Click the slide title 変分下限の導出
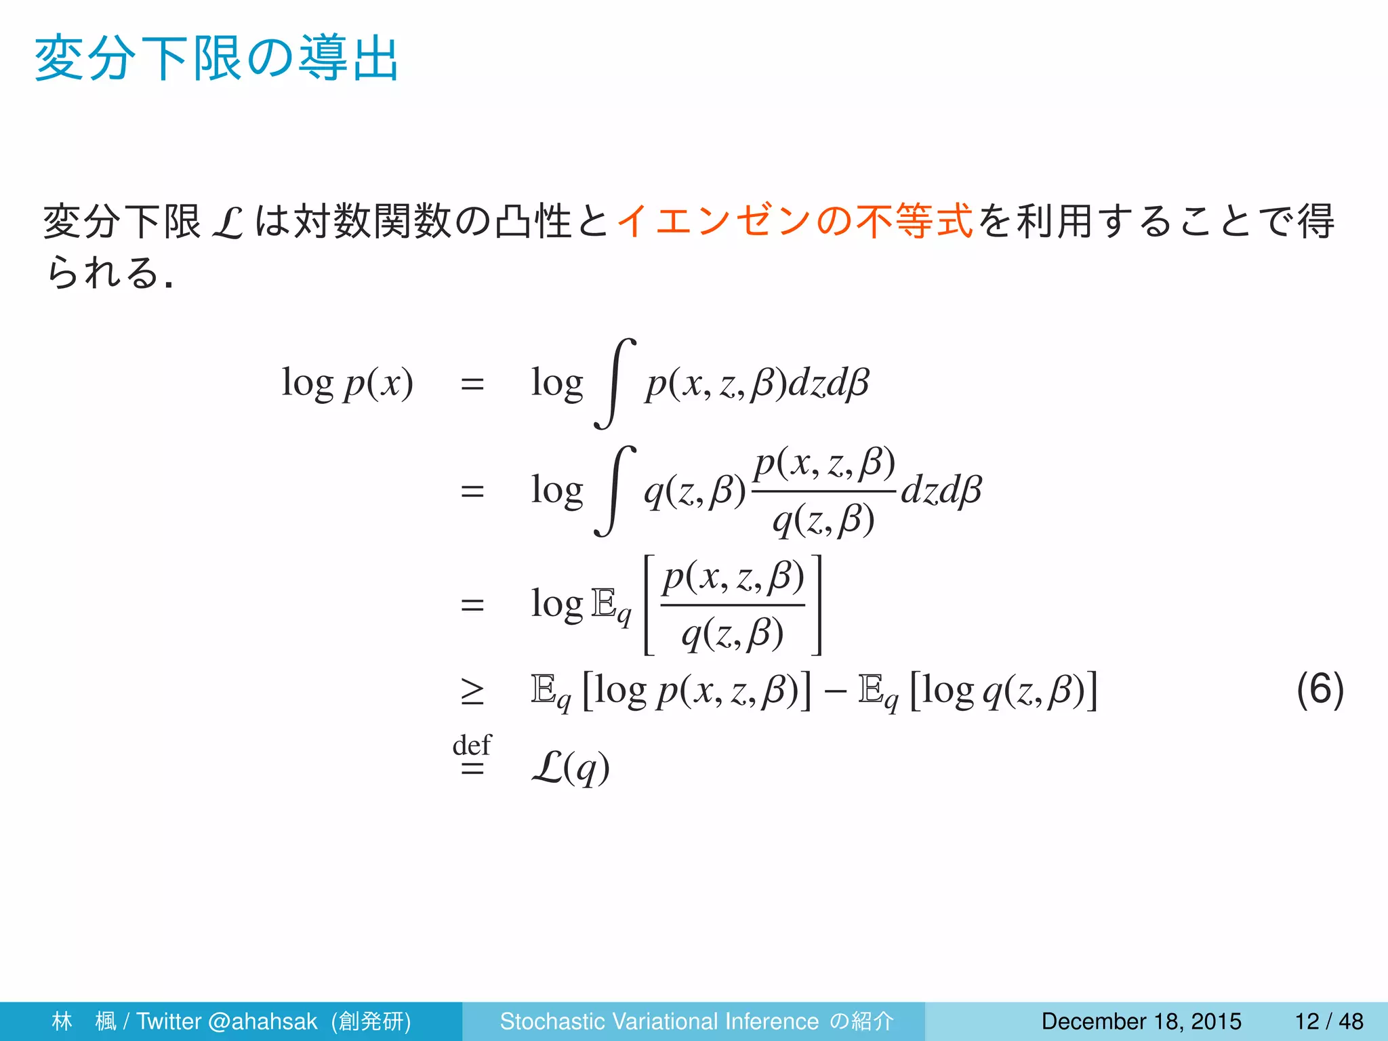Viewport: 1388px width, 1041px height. click(217, 60)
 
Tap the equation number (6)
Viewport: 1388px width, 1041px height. click(1320, 690)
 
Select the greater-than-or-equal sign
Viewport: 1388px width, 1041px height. click(472, 692)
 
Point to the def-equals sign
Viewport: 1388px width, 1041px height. click(472, 757)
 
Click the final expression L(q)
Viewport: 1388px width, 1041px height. click(571, 768)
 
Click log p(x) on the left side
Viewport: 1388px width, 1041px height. click(347, 384)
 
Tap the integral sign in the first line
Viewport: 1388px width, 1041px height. click(615, 384)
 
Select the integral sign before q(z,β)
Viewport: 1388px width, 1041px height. click(615, 491)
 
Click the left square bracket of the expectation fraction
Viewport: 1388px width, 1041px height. click(649, 605)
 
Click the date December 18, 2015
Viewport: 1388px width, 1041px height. click(1141, 1021)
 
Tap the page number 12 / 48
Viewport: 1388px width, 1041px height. click(1329, 1021)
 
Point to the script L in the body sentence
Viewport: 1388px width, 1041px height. click(227, 223)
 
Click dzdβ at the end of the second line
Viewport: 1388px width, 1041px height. click(941, 491)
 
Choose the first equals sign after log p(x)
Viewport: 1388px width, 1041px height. click(472, 384)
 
